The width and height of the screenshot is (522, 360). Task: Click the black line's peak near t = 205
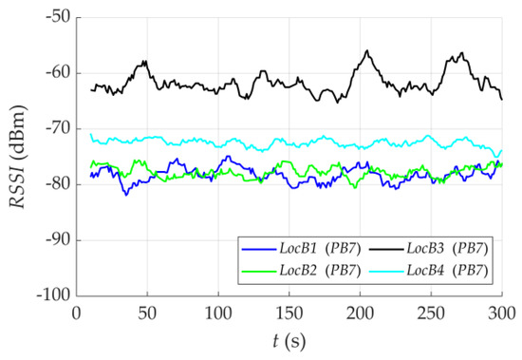coord(366,51)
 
